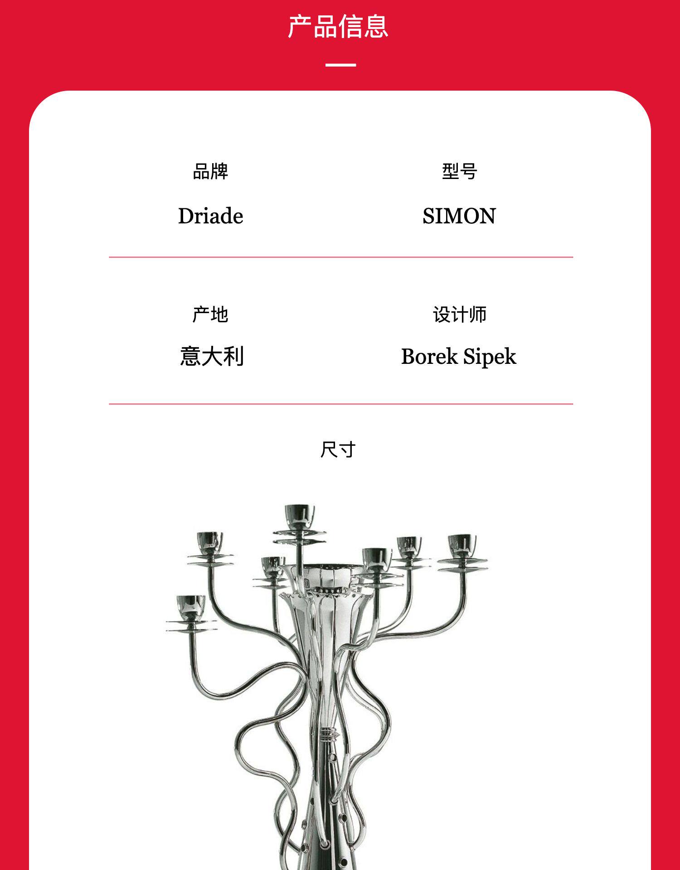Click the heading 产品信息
pos(338,27)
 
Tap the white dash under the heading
pos(340,65)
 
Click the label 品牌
pos(210,172)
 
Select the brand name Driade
pos(211,216)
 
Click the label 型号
pos(459,172)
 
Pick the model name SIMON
pos(459,216)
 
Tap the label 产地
pos(210,314)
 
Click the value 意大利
pos(212,356)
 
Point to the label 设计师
pos(459,314)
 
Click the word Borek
pos(429,357)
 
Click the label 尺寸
pos(338,450)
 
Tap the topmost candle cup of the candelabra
pos(300,515)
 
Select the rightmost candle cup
pos(462,545)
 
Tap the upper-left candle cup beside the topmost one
pos(210,542)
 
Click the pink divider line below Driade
pos(341,257)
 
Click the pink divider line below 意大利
pos(341,404)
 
